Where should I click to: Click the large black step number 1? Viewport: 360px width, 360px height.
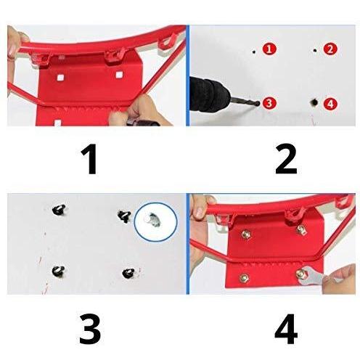click(x=89, y=159)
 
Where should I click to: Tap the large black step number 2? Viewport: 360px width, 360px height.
click(x=286, y=159)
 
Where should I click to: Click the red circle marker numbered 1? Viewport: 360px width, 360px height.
click(x=269, y=49)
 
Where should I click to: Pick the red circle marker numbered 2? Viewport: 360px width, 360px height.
click(x=330, y=49)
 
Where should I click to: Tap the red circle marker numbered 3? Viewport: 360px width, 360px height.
click(x=269, y=103)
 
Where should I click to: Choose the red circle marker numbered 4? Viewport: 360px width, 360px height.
click(x=330, y=104)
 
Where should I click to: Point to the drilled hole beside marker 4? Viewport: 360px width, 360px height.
click(x=314, y=102)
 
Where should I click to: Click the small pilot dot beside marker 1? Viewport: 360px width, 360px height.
click(x=254, y=52)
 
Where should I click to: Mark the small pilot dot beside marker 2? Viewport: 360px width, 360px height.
click(x=315, y=51)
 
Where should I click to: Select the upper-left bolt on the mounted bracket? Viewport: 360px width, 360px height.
click(x=246, y=234)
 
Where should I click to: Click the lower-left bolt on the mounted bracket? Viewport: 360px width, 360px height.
click(x=244, y=278)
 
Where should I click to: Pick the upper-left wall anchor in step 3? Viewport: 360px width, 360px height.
click(x=59, y=210)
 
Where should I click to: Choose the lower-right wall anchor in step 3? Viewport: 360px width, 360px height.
click(x=128, y=273)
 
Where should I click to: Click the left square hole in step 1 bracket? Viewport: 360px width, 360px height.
click(x=60, y=77)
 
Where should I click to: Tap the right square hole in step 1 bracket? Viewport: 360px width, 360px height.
click(x=118, y=75)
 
